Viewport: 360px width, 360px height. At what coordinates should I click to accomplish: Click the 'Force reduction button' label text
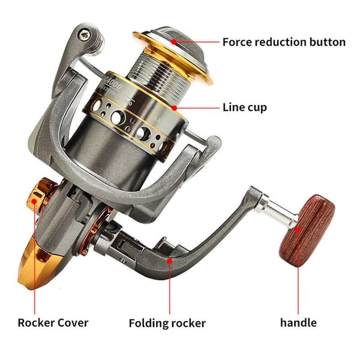click(284, 42)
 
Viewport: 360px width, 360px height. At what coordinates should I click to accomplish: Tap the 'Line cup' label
click(245, 107)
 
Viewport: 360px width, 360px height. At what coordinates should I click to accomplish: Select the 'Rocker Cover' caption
click(53, 323)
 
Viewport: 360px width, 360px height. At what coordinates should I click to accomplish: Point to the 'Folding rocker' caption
click(167, 323)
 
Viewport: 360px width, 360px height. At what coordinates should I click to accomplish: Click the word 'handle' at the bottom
click(298, 323)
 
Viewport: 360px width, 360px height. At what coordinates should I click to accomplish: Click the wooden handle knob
click(307, 231)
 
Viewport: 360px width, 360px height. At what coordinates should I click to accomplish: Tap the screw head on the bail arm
click(85, 35)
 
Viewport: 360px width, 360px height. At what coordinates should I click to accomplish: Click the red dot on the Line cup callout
click(175, 107)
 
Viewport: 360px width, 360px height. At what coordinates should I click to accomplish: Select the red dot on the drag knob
click(174, 42)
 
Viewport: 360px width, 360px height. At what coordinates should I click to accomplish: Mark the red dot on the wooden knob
click(298, 230)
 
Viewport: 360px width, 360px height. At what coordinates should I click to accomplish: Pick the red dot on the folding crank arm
click(169, 260)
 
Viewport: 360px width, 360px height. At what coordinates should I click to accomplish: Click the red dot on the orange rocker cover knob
click(34, 202)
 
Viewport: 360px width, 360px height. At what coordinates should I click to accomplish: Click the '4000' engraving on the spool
click(114, 85)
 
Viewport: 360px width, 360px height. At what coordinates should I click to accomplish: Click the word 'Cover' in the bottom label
click(73, 323)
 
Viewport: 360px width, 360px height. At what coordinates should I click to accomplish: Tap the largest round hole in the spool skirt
click(118, 118)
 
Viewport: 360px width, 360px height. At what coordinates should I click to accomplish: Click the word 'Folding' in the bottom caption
click(149, 323)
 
